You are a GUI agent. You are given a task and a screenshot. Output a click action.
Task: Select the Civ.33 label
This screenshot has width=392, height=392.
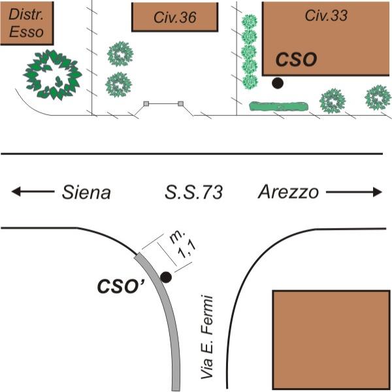pyautogui.click(x=326, y=15)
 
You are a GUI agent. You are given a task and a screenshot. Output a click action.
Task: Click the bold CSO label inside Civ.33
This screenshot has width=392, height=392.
pyautogui.click(x=296, y=59)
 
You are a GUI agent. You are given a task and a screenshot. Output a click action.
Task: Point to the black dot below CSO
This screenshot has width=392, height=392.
pyautogui.click(x=278, y=83)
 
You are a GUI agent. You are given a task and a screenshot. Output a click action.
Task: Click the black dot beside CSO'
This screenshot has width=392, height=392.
pyautogui.click(x=166, y=277)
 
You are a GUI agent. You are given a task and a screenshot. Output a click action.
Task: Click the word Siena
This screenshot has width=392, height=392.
pyautogui.click(x=86, y=192)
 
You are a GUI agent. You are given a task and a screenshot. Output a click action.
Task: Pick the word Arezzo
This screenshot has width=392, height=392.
pyautogui.click(x=288, y=192)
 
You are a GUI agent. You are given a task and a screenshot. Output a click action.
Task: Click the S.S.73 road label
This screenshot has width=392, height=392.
pyautogui.click(x=193, y=192)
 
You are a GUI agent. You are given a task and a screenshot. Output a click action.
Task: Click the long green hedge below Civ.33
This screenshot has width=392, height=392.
pyautogui.click(x=278, y=105)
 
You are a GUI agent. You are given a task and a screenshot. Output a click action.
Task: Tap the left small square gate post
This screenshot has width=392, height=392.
pyautogui.click(x=146, y=103)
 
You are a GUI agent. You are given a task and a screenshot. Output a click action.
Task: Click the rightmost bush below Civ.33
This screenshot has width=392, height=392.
pyautogui.click(x=378, y=98)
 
